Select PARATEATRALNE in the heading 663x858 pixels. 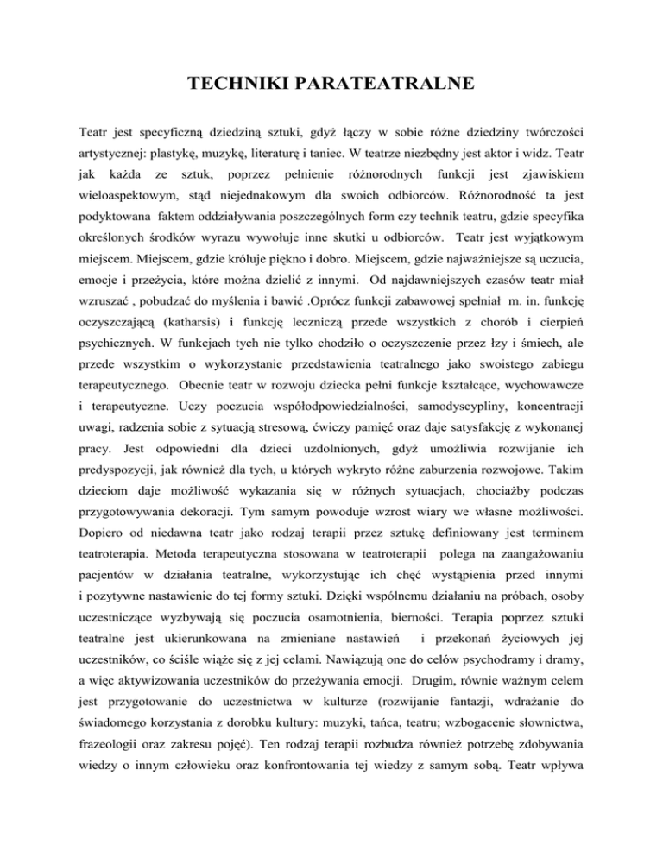click(x=388, y=84)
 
